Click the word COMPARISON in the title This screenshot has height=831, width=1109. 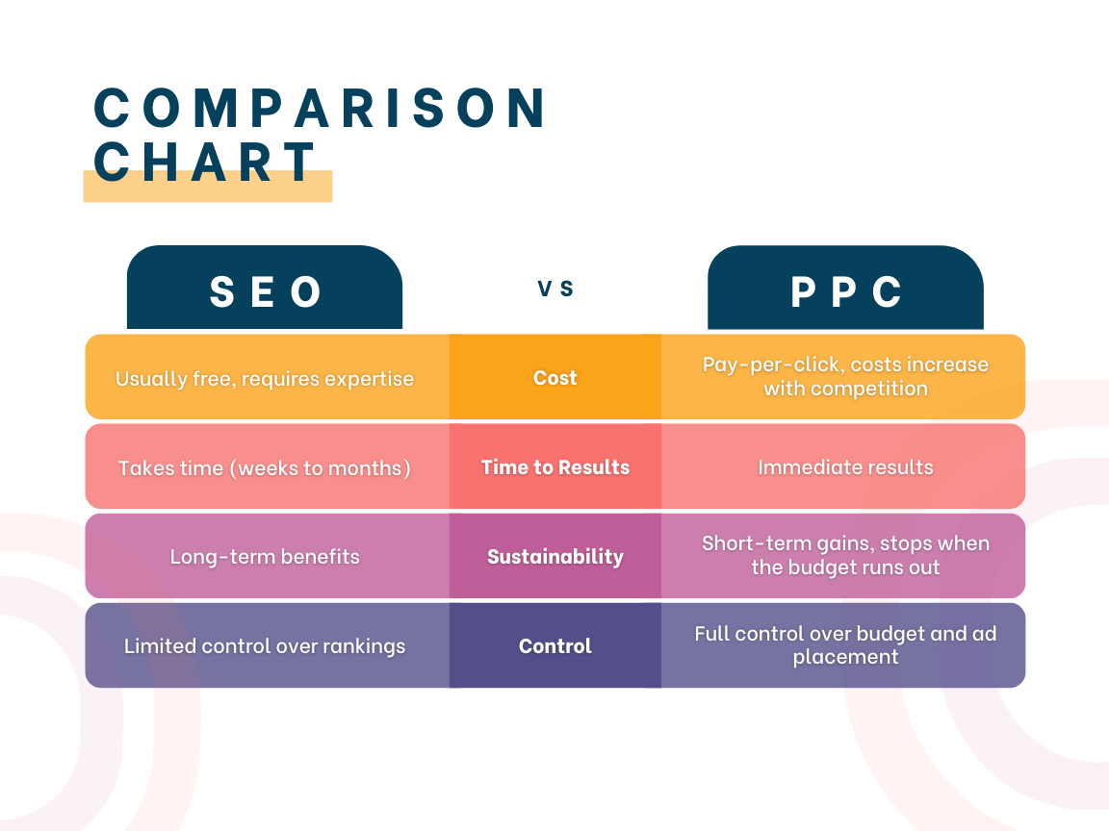pos(319,108)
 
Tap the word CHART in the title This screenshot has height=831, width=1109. pos(204,162)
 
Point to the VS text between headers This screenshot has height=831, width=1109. pos(555,289)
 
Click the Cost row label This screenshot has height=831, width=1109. pos(555,378)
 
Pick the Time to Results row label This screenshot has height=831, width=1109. pos(555,467)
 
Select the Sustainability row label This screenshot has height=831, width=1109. pos(555,557)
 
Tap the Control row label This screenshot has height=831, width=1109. pos(555,646)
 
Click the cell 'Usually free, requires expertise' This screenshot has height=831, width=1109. pos(265,379)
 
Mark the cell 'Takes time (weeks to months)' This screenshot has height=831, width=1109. pos(265,467)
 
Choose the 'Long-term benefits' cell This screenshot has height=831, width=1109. pos(265,557)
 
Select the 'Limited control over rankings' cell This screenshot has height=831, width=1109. pos(265,646)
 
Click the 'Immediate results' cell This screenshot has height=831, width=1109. pos(845,467)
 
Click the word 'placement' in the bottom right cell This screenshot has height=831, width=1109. pos(845,657)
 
